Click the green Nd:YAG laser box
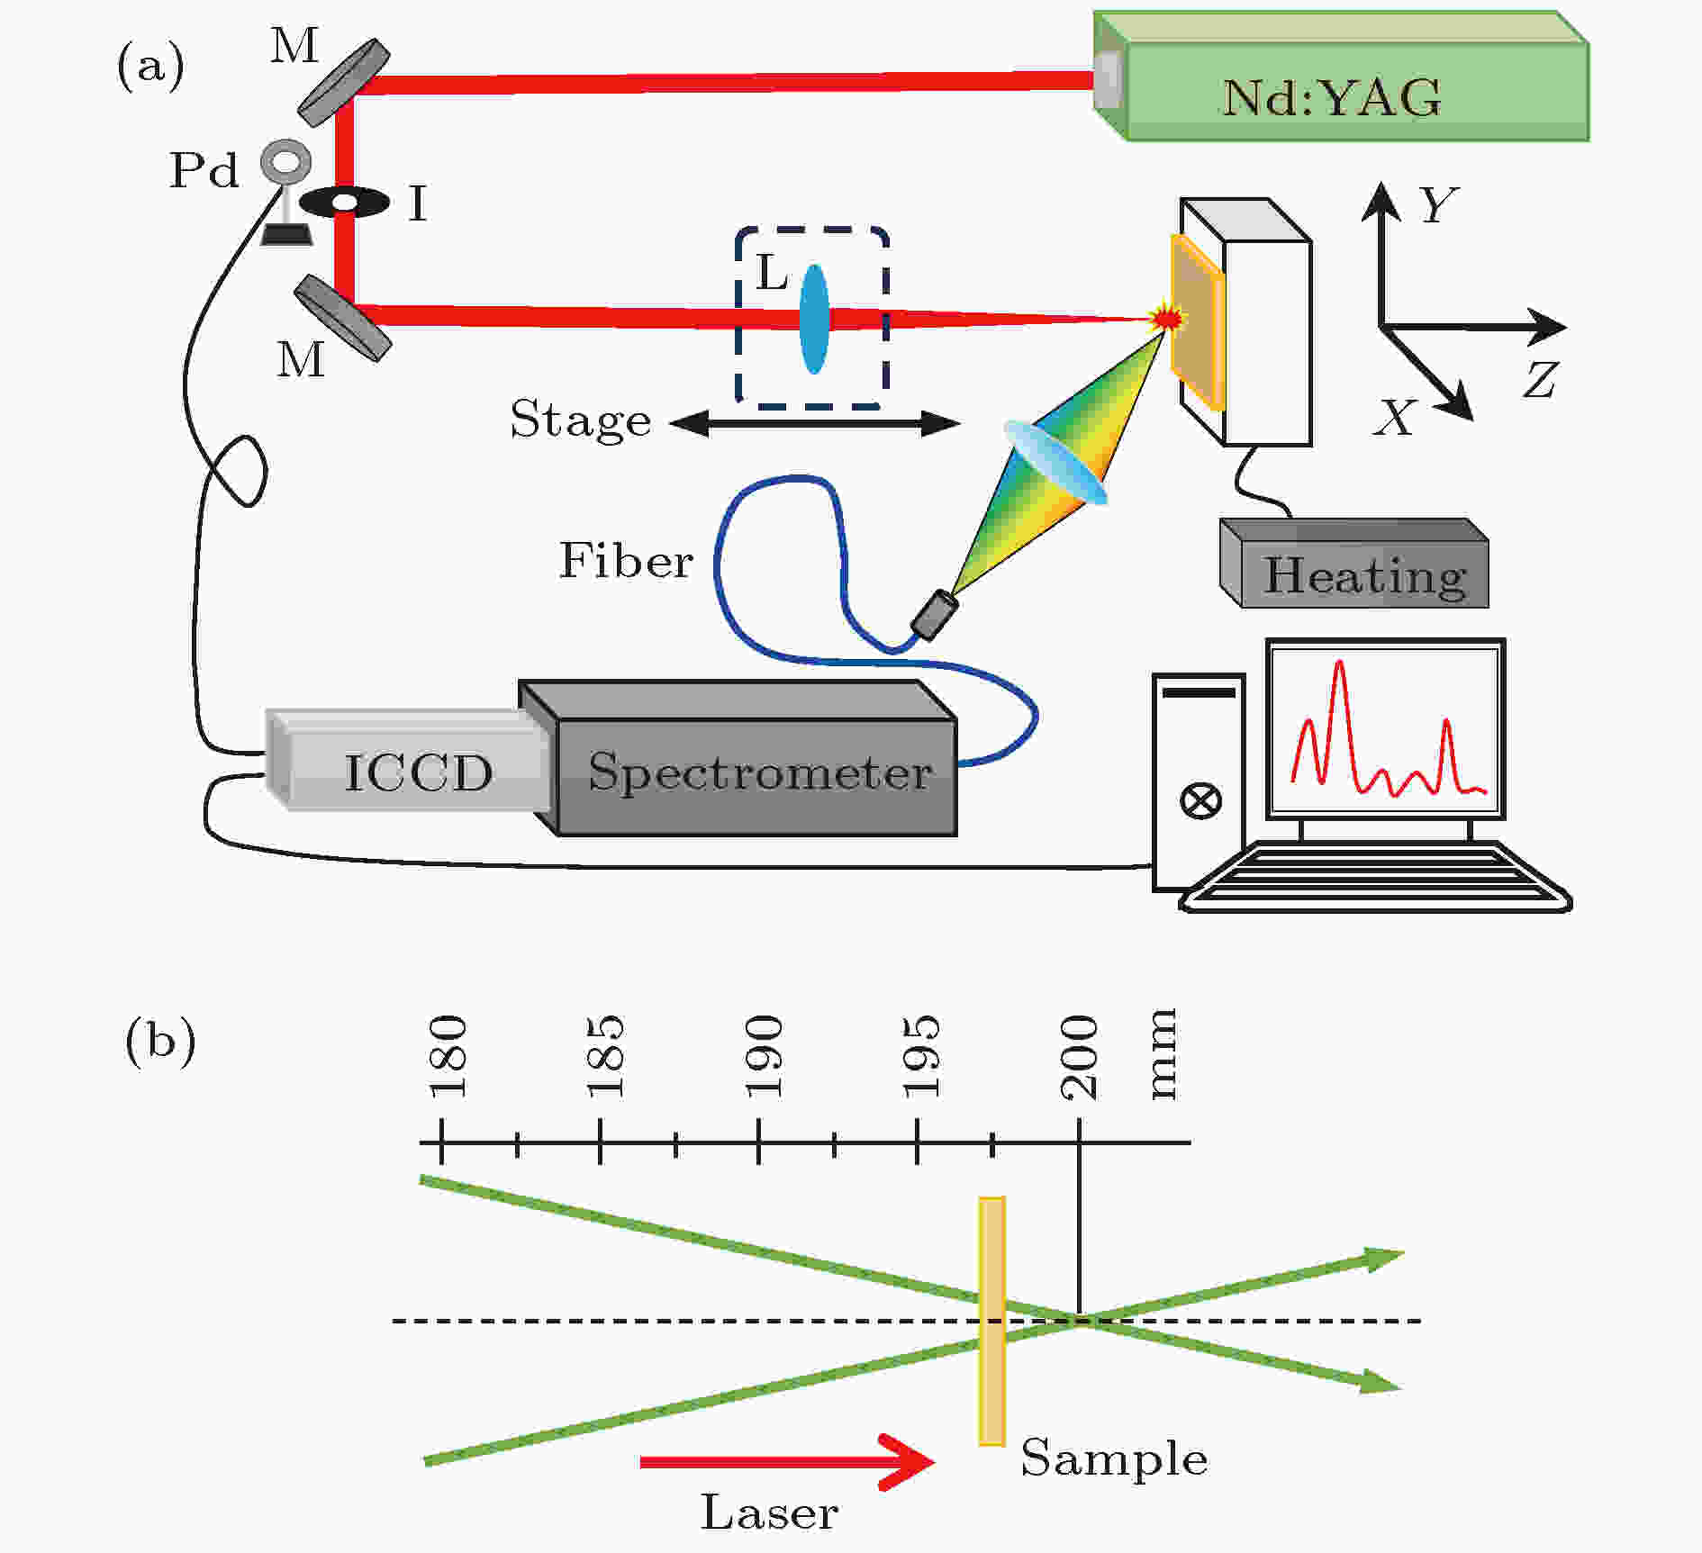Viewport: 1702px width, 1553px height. tap(1342, 77)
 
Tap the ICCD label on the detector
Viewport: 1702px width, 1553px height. tap(419, 772)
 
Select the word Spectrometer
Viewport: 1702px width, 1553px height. tap(760, 773)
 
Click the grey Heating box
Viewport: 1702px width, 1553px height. tap(1354, 563)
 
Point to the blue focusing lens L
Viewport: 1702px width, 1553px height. tap(814, 319)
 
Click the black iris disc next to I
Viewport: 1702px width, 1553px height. tap(344, 202)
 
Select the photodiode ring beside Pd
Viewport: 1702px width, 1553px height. tap(286, 162)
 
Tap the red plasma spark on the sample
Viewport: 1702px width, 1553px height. tap(1168, 317)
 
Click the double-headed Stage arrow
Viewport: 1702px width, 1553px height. tap(815, 423)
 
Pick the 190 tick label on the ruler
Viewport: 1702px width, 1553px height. tap(764, 1057)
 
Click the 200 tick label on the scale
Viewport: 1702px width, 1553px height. tap(1080, 1057)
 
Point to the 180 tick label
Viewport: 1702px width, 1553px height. tap(448, 1057)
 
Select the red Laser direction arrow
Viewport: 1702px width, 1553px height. tap(788, 1461)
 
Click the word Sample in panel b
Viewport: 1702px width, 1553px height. tap(1114, 1459)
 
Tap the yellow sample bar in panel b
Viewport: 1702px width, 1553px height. tap(991, 1322)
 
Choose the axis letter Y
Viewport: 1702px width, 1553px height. tap(1439, 204)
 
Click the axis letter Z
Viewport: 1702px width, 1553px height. tap(1541, 380)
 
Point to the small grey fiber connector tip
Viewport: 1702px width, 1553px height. tap(934, 615)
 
